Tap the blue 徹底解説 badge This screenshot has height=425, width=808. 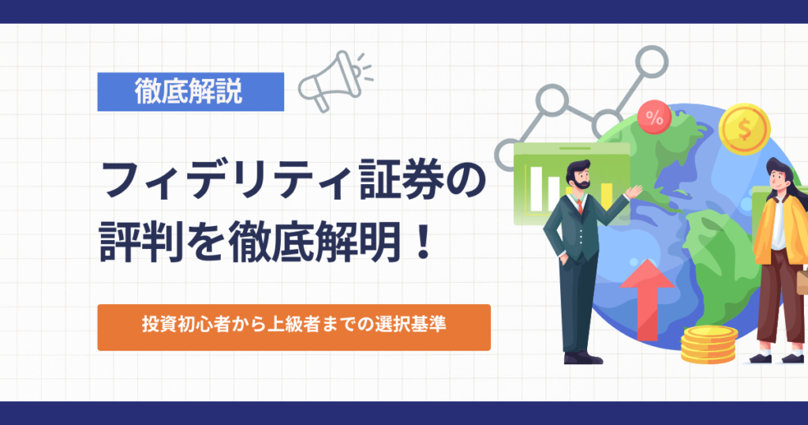191,92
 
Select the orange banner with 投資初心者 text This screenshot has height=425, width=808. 294,328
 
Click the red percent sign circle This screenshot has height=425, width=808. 654,118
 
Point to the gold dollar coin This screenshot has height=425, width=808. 744,129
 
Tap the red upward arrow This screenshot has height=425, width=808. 647,299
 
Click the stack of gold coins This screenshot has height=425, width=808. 709,344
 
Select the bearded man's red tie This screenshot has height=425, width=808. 580,206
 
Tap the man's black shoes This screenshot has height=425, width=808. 583,357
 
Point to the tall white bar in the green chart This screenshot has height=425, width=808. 537,189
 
